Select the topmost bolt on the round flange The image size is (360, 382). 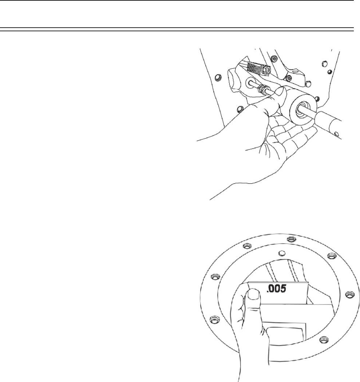tap(290, 239)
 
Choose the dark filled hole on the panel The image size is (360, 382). tap(329, 71)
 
